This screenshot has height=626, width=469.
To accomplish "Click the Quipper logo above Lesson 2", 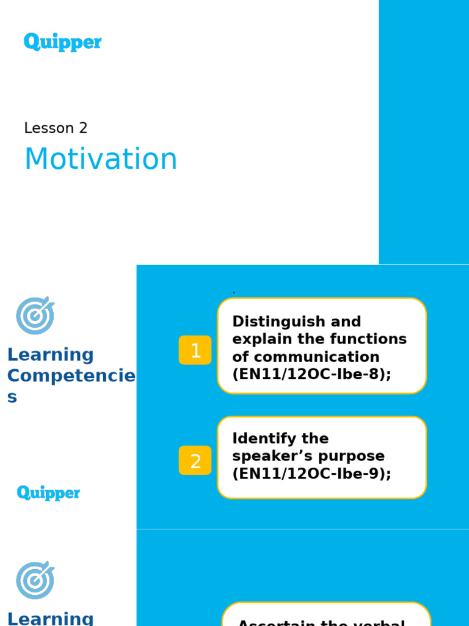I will [x=63, y=42].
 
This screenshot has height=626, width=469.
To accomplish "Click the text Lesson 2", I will [x=56, y=128].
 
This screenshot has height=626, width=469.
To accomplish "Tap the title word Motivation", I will [x=101, y=159].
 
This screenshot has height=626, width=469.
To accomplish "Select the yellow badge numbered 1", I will [x=195, y=350].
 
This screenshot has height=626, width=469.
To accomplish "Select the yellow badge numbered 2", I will [x=195, y=461].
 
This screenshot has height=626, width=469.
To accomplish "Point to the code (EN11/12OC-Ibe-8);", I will [x=311, y=374].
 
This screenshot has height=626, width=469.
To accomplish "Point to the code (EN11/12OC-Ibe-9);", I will [x=311, y=474].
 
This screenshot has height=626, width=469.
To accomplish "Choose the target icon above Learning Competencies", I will [x=35, y=315].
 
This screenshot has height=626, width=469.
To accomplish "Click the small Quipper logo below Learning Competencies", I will [x=48, y=493].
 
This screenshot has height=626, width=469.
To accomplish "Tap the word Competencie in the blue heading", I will [x=71, y=376].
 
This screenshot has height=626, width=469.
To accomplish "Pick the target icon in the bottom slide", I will [x=35, y=580].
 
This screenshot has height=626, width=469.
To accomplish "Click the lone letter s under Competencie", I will [x=12, y=397].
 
